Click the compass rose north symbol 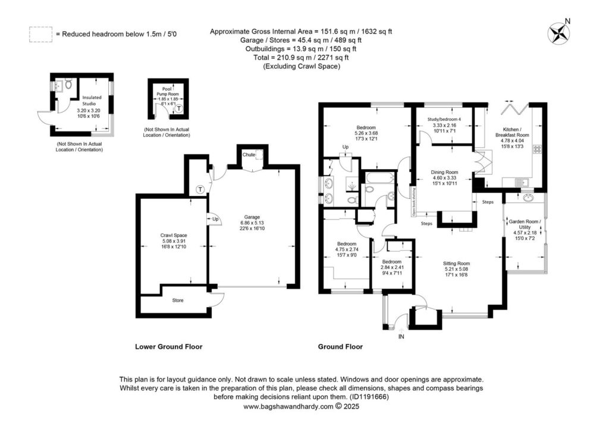pyautogui.click(x=558, y=33)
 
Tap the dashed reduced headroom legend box pyautogui.click(x=40, y=34)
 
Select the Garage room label pyautogui.click(x=252, y=217)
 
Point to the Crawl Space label pyautogui.click(x=174, y=235)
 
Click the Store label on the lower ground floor pyautogui.click(x=178, y=300)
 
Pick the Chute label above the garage pyautogui.click(x=249, y=155)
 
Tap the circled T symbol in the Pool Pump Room pyautogui.click(x=178, y=108)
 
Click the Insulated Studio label pyautogui.click(x=92, y=100)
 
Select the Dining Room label pyautogui.click(x=444, y=172)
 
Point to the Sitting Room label pyautogui.click(x=456, y=263)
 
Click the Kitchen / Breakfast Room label pyautogui.click(x=512, y=132)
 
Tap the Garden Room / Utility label pyautogui.click(x=525, y=224)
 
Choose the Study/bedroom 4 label pyautogui.click(x=444, y=119)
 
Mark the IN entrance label pyautogui.click(x=401, y=336)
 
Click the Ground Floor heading pyautogui.click(x=340, y=346)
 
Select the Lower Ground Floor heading pyautogui.click(x=168, y=346)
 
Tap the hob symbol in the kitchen pyautogui.click(x=538, y=148)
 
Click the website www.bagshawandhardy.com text pyautogui.click(x=288, y=407)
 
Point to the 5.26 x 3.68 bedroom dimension pyautogui.click(x=366, y=133)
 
